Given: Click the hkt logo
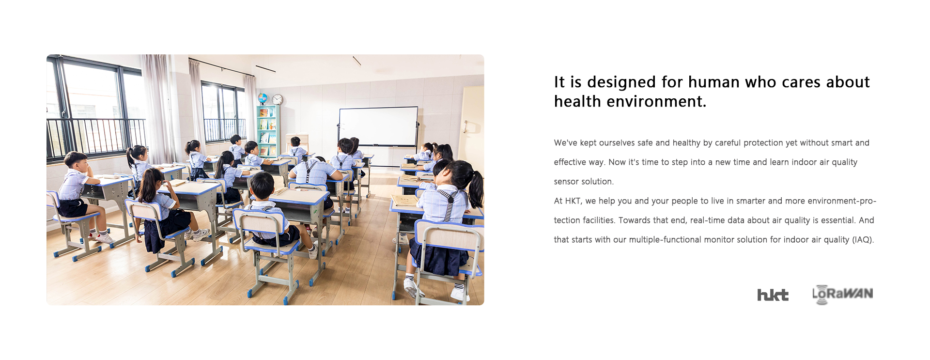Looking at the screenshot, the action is pyautogui.click(x=773, y=295).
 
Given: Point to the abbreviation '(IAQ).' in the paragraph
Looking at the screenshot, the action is pyautogui.click(x=863, y=239).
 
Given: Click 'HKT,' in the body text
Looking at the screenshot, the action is pyautogui.click(x=574, y=201).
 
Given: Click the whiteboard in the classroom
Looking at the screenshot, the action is pyautogui.click(x=378, y=126).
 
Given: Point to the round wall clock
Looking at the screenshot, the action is pyautogui.click(x=277, y=99).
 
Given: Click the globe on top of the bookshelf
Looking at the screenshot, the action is pyautogui.click(x=263, y=99).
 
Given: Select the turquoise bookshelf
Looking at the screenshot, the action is pyautogui.click(x=268, y=130).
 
